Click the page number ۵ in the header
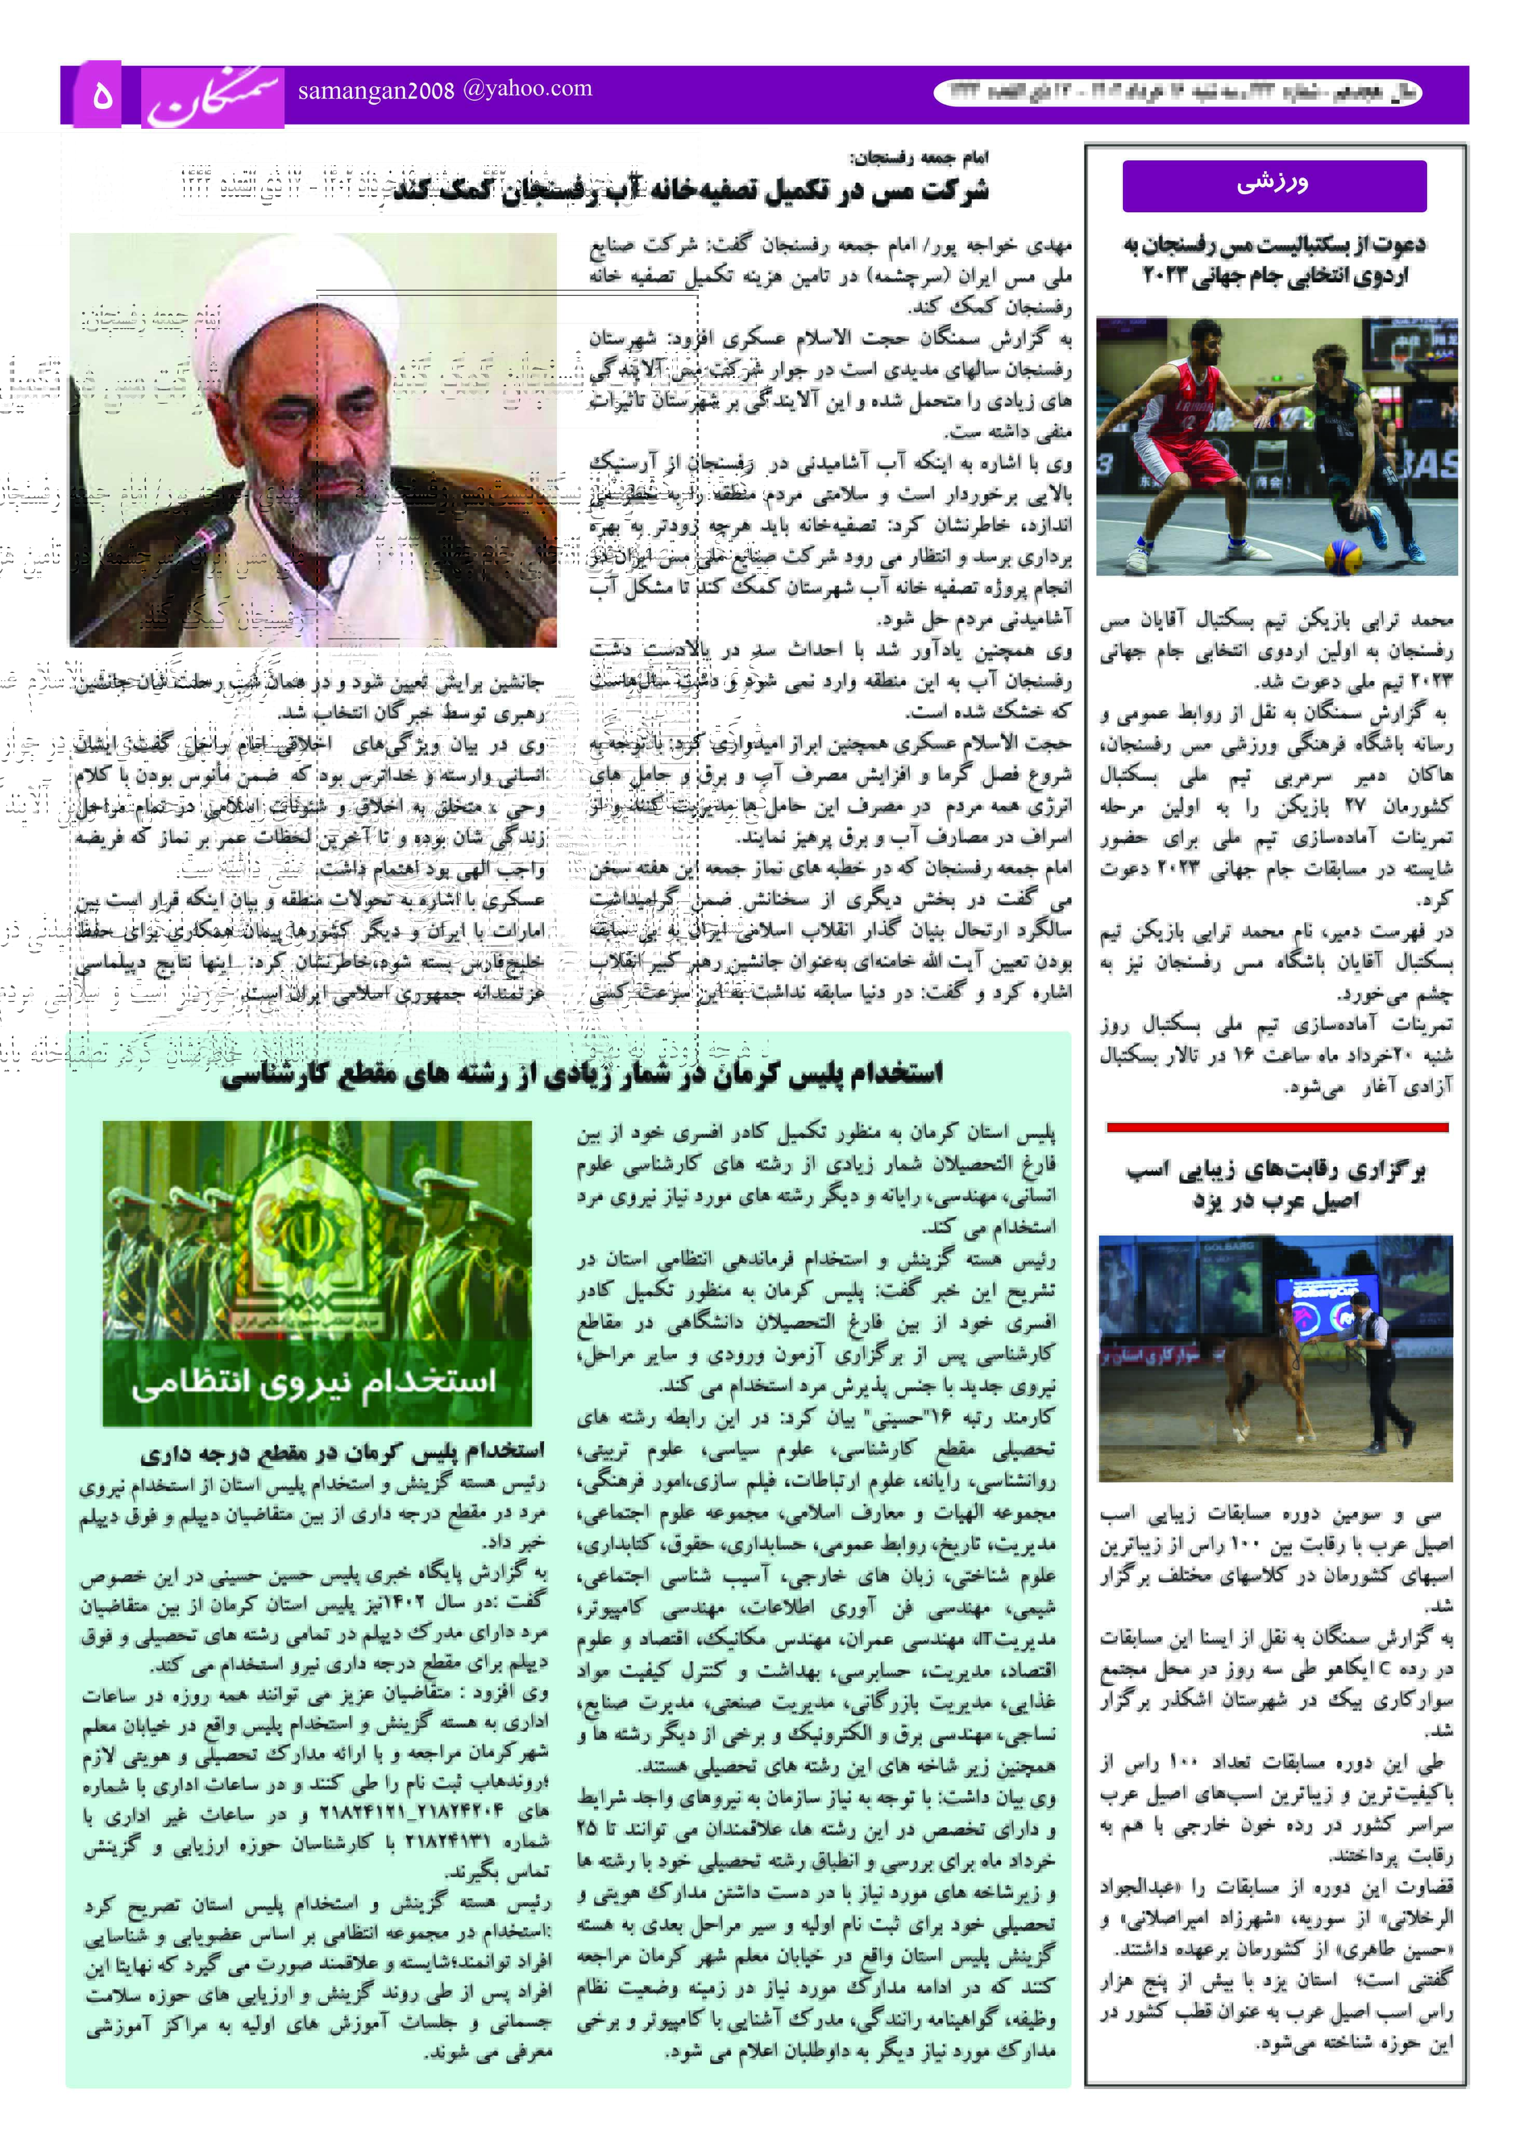(x=102, y=96)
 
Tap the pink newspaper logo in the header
(x=213, y=96)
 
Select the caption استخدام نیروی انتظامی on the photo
(x=315, y=1382)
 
